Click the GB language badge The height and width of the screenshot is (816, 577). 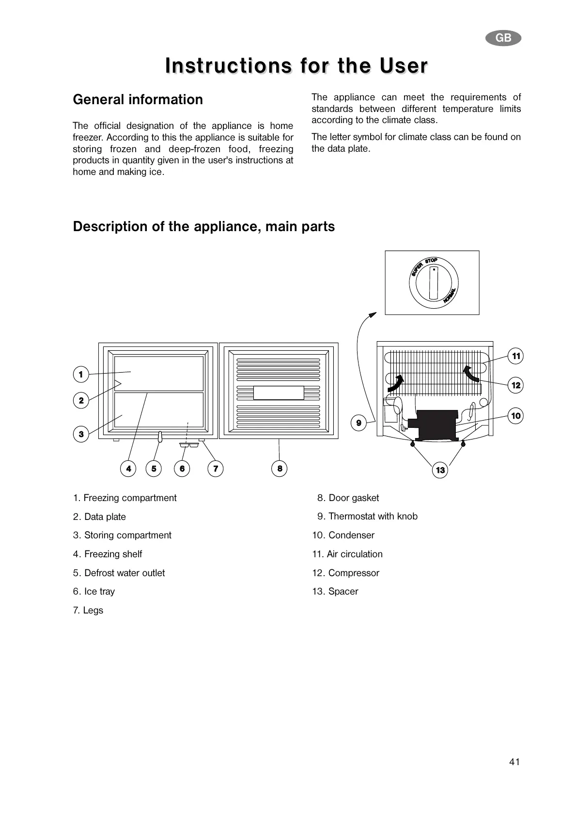[503, 38]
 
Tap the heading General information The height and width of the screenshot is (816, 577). [138, 99]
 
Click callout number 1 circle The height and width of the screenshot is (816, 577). [81, 374]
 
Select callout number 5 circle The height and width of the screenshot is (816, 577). [154, 469]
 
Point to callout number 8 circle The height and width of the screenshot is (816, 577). [280, 469]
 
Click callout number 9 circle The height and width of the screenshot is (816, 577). [359, 423]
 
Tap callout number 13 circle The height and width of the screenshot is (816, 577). [440, 470]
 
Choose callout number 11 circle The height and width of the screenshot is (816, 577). [516, 356]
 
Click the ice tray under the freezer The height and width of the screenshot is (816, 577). [189, 444]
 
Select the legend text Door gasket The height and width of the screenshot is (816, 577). [353, 498]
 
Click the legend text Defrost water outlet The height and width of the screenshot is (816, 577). [124, 573]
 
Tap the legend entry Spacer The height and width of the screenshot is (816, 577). [343, 591]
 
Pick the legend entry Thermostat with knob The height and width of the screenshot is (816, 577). [373, 516]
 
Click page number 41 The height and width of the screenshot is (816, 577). [514, 762]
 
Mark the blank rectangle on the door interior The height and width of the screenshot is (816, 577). [279, 392]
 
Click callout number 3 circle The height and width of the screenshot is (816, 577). [81, 434]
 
